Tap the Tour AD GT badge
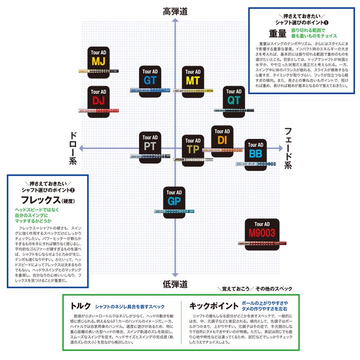pos(150,77)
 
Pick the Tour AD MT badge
pos(193,77)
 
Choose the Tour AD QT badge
pos(234,97)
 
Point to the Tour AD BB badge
pos(255,151)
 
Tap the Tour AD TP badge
pos(193,147)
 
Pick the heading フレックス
pos(40,199)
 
